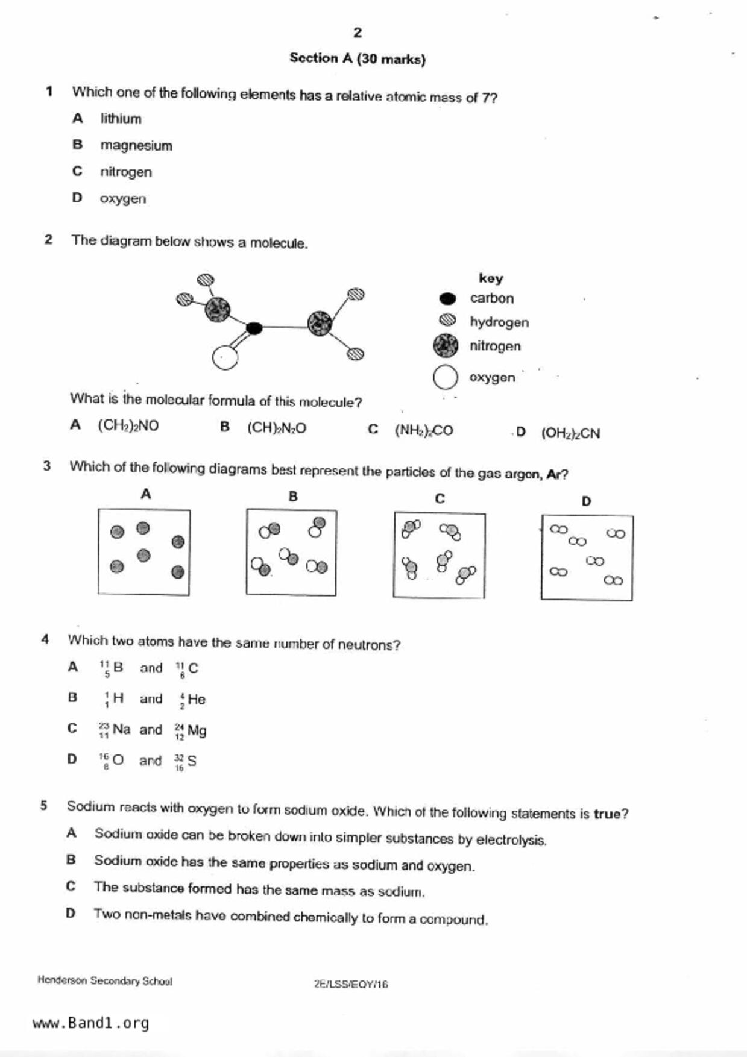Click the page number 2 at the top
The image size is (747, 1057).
click(x=358, y=33)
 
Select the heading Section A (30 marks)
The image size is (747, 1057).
click(x=358, y=58)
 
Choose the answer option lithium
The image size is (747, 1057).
click(x=121, y=119)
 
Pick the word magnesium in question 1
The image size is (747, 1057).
click(x=136, y=145)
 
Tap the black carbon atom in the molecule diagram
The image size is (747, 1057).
click(x=254, y=328)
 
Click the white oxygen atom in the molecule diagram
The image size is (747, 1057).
click(x=225, y=357)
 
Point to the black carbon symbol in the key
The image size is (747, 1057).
click(x=447, y=298)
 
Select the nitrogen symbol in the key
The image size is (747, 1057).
click(x=446, y=346)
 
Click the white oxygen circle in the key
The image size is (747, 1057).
click(x=446, y=378)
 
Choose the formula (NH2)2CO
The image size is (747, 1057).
click(x=424, y=430)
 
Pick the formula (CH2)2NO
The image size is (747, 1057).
click(x=128, y=426)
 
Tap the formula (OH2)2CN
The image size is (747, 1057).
click(x=570, y=433)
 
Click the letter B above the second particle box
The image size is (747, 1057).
click(x=293, y=497)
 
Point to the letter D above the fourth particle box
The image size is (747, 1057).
click(x=586, y=501)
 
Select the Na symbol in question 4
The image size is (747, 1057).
click(x=121, y=729)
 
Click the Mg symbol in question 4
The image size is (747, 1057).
click(x=197, y=731)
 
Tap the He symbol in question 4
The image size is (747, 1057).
click(x=197, y=700)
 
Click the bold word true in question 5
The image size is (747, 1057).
click(x=607, y=814)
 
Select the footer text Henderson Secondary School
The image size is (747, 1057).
click(x=105, y=981)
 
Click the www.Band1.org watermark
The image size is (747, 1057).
click(x=90, y=1023)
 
